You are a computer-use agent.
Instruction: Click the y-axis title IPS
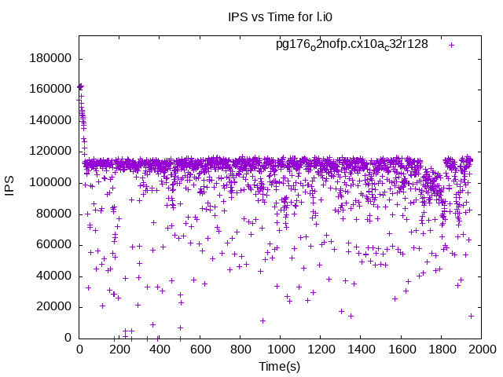[11, 187]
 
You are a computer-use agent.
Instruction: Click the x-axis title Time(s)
[279, 366]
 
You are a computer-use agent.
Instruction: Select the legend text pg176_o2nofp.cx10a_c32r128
[351, 44]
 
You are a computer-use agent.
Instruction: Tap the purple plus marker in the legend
[452, 45]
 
